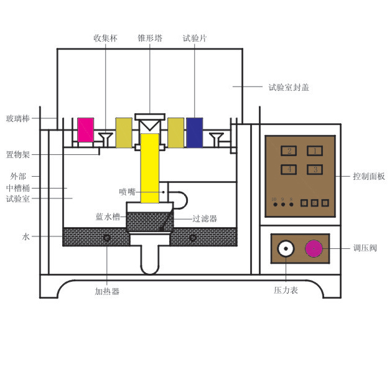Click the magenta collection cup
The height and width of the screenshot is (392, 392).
tap(85, 129)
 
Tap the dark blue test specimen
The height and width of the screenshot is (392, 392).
tap(195, 131)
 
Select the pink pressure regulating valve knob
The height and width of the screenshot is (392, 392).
tap(314, 249)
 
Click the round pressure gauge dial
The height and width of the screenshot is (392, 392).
tap(286, 249)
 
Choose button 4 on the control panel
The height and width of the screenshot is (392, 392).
tap(288, 169)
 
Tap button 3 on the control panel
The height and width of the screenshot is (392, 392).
tap(315, 169)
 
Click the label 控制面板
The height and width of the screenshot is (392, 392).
tap(368, 177)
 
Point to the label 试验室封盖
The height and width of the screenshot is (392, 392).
tap(288, 88)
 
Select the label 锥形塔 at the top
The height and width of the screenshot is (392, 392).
tap(150, 39)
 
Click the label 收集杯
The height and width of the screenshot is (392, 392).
tap(105, 39)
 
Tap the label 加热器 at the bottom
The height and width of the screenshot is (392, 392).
tap(107, 291)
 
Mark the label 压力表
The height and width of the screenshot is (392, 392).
tap(286, 291)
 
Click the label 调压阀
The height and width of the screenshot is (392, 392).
tap(365, 249)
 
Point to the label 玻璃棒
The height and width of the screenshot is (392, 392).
tap(18, 118)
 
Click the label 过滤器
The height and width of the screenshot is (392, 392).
tap(205, 218)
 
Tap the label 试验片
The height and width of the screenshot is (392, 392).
tap(195, 39)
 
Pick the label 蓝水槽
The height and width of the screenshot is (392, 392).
tap(107, 217)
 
